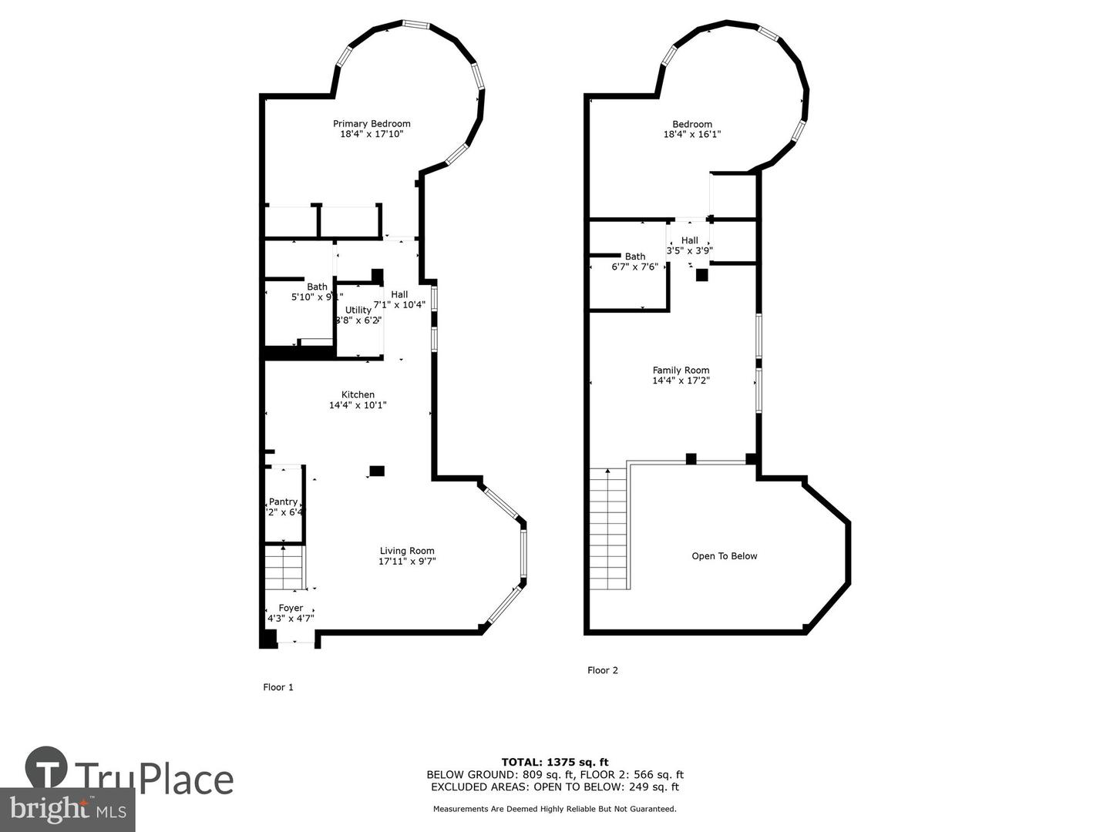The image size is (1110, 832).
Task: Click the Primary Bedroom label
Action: coord(372,124)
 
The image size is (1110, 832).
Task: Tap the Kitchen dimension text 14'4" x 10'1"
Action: coord(358,405)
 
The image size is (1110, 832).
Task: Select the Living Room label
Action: coord(407,551)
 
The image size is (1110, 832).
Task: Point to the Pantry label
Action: coord(283,502)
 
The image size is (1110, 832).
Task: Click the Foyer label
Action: coord(291,609)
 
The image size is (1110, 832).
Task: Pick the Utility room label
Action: coord(358,310)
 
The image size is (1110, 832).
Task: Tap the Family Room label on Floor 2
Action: coord(681,371)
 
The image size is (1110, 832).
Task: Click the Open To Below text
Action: coord(724,556)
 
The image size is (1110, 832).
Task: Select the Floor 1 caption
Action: coord(278,687)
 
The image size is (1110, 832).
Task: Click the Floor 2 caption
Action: coord(602,670)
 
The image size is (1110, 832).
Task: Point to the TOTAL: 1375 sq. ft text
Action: coord(554,763)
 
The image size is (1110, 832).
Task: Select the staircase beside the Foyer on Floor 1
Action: coord(284,567)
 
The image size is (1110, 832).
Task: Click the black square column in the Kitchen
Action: coord(377,471)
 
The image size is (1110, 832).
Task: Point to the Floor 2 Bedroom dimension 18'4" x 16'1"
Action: coord(691,134)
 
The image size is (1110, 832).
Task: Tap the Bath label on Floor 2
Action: coord(635,257)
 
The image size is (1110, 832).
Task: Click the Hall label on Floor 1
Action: coord(399,294)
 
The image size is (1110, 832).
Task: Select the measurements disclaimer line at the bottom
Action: coord(554,809)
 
